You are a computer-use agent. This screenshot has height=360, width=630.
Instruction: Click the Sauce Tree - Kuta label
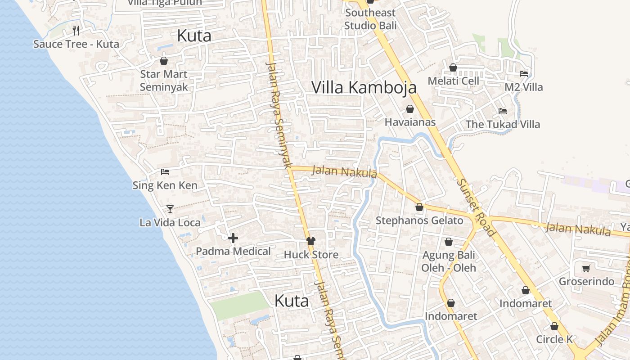pyautogui.click(x=76, y=44)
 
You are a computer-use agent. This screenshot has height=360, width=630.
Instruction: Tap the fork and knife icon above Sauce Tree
pyautogui.click(x=76, y=31)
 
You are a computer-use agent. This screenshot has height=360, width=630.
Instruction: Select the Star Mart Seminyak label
pyautogui.click(x=163, y=80)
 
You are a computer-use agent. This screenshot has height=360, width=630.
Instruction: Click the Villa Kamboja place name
pyautogui.click(x=364, y=87)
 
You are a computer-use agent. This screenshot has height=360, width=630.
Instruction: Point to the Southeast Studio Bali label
pyautogui.click(x=370, y=19)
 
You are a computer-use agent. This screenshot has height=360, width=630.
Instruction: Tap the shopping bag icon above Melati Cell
pyautogui.click(x=453, y=68)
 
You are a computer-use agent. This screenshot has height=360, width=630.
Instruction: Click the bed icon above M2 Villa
pyautogui.click(x=524, y=73)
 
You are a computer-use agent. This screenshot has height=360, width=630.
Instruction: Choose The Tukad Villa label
pyautogui.click(x=503, y=124)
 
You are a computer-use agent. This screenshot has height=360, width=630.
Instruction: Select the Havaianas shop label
pyautogui.click(x=410, y=122)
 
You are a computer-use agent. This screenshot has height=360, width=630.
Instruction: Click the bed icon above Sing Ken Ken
pyautogui.click(x=165, y=172)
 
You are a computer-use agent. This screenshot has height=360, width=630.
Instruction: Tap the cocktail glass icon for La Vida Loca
pyautogui.click(x=170, y=209)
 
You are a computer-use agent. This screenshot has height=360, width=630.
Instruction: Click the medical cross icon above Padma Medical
pyautogui.click(x=233, y=238)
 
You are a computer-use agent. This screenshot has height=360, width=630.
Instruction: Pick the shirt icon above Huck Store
pyautogui.click(x=310, y=241)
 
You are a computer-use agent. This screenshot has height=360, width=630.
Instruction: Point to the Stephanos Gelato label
pyautogui.click(x=419, y=220)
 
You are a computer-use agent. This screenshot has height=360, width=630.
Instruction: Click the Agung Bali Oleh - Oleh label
pyautogui.click(x=449, y=261)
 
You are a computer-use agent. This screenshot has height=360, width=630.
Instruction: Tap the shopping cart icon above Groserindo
pyautogui.click(x=586, y=269)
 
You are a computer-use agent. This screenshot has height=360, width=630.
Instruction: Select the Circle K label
pyautogui.click(x=554, y=339)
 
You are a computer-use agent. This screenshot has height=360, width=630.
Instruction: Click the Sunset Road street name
pyautogui.click(x=476, y=207)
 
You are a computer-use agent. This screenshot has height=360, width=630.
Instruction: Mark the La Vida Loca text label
pyautogui.click(x=170, y=222)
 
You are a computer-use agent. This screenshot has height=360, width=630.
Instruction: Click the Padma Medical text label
pyautogui.click(x=233, y=252)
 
